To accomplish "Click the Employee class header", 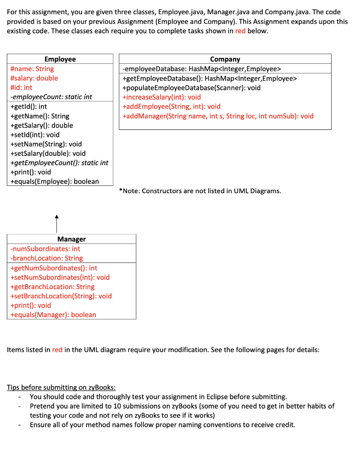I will [x=60, y=59].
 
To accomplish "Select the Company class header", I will [x=225, y=59].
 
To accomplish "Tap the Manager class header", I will [x=72, y=239].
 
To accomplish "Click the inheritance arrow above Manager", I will [x=57, y=224].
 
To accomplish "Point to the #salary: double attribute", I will [x=34, y=78].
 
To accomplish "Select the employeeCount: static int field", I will [x=51, y=97].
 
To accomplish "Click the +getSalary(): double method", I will [x=41, y=125].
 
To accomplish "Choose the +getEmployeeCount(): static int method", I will [x=59, y=162].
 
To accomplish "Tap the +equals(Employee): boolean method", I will [x=54, y=181].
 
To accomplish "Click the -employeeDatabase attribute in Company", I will [x=201, y=69].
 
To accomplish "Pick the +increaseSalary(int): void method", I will [x=161, y=97].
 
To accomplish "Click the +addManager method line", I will [x=218, y=116].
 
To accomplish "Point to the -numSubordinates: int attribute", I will [x=45, y=249].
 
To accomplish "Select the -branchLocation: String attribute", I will [x=46, y=258].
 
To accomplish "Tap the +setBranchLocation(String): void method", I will [x=61, y=296].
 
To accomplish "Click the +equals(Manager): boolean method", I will [x=53, y=314].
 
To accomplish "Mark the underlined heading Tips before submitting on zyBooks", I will [x=61, y=387].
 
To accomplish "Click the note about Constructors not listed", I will [x=199, y=191].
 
